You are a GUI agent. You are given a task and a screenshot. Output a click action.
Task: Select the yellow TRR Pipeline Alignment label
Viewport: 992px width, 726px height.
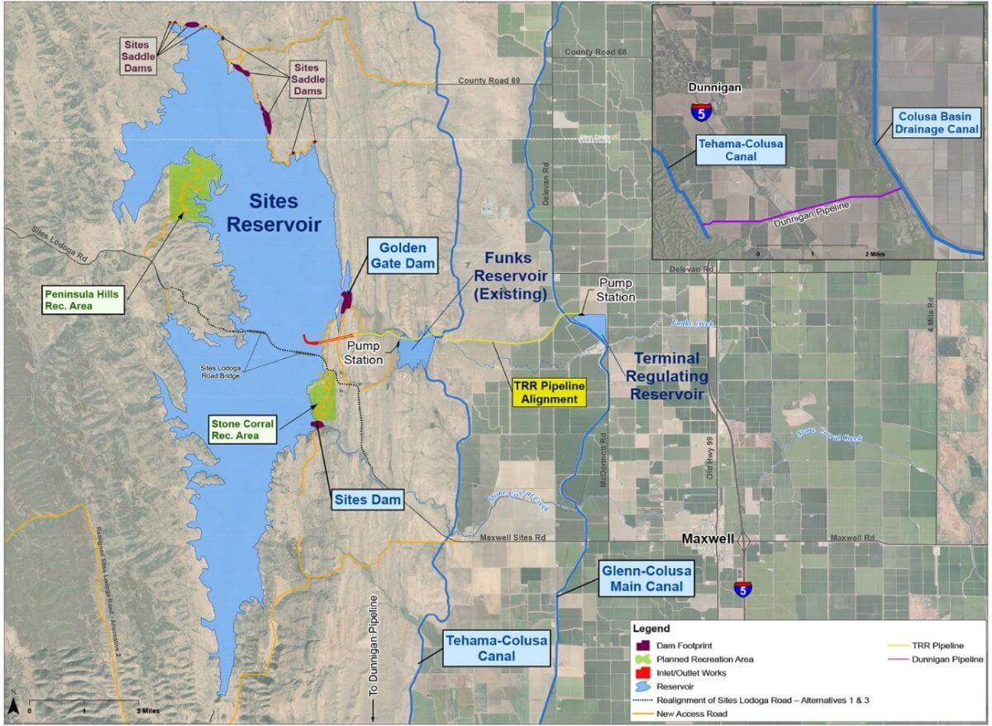click(548, 393)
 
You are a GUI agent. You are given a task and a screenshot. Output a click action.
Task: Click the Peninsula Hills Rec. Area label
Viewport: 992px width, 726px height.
click(82, 299)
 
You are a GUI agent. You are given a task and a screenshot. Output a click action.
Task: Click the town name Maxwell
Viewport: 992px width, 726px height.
click(708, 538)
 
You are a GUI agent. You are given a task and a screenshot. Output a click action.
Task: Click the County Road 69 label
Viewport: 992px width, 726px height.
click(489, 81)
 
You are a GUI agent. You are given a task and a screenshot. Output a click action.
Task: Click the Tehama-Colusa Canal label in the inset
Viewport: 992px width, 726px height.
click(739, 150)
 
